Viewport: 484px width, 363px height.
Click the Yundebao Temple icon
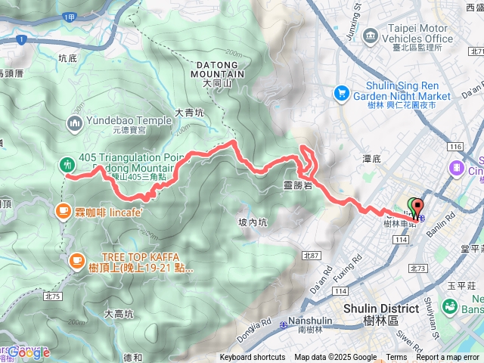coord(74,123)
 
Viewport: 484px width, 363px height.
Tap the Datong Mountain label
coord(213,70)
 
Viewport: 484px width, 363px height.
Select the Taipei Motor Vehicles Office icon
coord(370,36)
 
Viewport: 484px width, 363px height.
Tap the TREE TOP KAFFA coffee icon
coord(76,261)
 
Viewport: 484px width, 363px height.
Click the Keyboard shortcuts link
coord(253,358)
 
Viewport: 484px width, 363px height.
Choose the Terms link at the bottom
coord(396,358)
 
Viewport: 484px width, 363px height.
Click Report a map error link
coord(448,358)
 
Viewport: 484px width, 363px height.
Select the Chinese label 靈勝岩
coord(296,185)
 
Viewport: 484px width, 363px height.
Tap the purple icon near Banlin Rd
coord(458,167)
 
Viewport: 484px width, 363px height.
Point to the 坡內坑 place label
coord(253,222)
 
